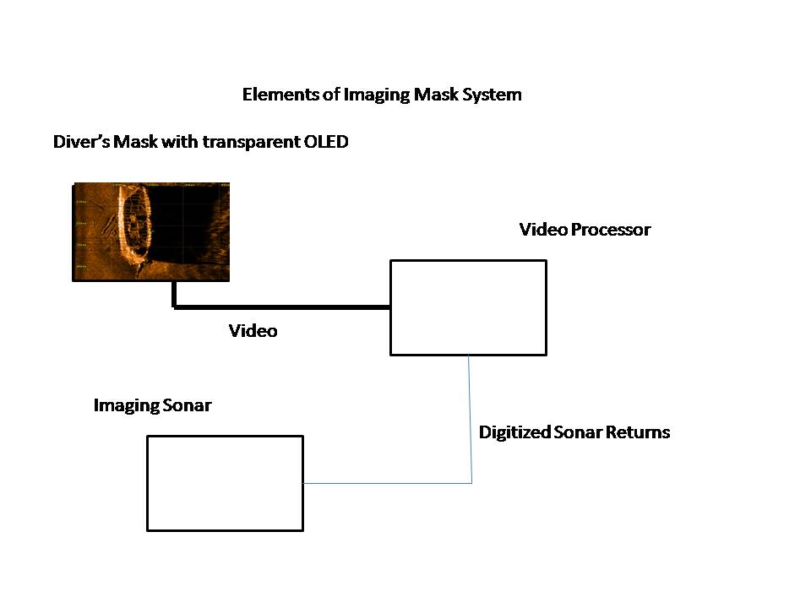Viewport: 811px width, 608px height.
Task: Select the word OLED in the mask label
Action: click(325, 142)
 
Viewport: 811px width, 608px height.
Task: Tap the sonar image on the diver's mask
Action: click(186, 232)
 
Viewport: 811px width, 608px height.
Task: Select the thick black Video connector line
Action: click(279, 307)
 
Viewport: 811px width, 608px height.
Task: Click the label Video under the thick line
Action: click(253, 331)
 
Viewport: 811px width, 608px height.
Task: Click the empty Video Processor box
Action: click(468, 307)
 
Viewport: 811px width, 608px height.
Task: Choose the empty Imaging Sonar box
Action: click(225, 483)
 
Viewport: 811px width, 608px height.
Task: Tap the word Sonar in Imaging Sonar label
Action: click(188, 406)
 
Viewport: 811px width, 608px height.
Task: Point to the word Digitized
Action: click(514, 432)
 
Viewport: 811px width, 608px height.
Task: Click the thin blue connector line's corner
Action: click(471, 483)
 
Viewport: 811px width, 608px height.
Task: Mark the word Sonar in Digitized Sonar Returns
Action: click(579, 432)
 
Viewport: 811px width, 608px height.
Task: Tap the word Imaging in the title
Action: click(377, 95)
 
